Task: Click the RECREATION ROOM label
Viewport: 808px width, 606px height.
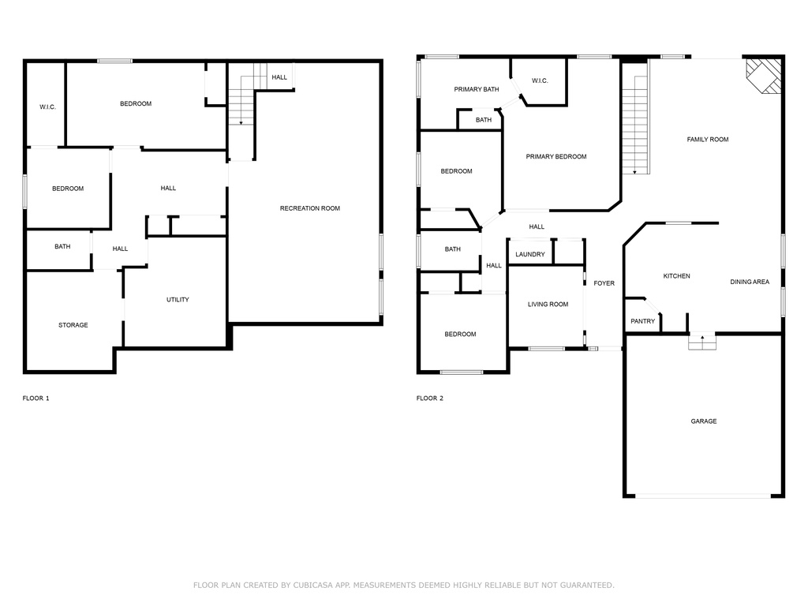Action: tap(309, 208)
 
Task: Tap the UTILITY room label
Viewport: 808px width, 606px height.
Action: tap(178, 299)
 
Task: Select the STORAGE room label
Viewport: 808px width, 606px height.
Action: tap(73, 325)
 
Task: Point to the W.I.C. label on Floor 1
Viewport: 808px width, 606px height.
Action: tap(47, 107)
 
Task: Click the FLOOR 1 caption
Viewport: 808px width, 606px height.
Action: tap(36, 398)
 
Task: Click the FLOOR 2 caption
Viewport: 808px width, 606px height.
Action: tap(430, 398)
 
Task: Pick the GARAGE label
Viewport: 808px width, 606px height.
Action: tap(704, 421)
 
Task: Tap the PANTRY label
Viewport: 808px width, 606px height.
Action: tap(643, 321)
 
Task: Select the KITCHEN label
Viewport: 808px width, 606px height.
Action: tap(676, 276)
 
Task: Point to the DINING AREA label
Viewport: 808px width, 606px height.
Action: tap(750, 282)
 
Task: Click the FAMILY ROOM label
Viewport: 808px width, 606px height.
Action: tap(708, 139)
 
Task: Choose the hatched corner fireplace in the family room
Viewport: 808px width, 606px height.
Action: tap(764, 76)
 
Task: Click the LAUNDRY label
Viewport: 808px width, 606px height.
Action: tap(530, 255)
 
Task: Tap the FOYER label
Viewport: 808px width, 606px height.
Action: tap(604, 283)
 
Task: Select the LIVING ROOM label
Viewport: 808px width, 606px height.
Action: tap(548, 305)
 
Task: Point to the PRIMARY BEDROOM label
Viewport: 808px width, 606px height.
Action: tap(556, 157)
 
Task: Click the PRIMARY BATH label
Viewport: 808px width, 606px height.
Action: tap(477, 90)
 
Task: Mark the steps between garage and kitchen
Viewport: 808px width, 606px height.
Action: tap(702, 342)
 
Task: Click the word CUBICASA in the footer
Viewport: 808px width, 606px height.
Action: tap(313, 585)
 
